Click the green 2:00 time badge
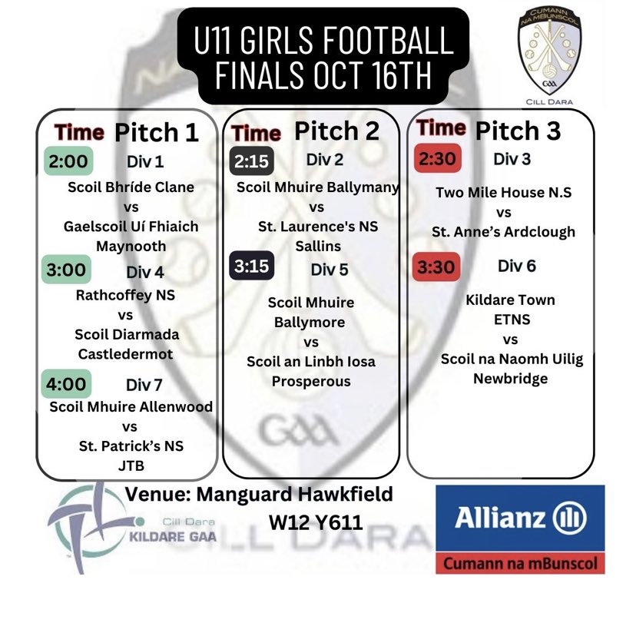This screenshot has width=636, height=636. coord(68,161)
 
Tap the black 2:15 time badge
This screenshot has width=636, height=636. coord(251,161)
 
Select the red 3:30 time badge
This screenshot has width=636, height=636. coord(436,267)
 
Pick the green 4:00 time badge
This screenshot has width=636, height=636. coord(66,384)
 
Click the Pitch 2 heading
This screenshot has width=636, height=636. coord(336,131)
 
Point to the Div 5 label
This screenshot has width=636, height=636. coord(330,270)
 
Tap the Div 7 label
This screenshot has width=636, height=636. coord(144,385)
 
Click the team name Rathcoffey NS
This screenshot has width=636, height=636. coord(125,295)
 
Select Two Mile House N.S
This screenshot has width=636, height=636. coord(503,192)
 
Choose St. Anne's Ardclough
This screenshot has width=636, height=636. coord(503,232)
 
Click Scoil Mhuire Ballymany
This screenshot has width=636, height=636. coord(318,187)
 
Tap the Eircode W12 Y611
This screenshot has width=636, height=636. coord(316,522)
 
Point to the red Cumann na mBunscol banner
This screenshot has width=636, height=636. coord(520,563)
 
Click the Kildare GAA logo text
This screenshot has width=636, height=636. coord(172,537)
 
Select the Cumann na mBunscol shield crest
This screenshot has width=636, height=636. coord(549,51)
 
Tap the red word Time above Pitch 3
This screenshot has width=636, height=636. coord(441,128)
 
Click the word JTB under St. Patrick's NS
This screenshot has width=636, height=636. coord(131,465)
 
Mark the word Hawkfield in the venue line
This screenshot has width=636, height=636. coord(345,494)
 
